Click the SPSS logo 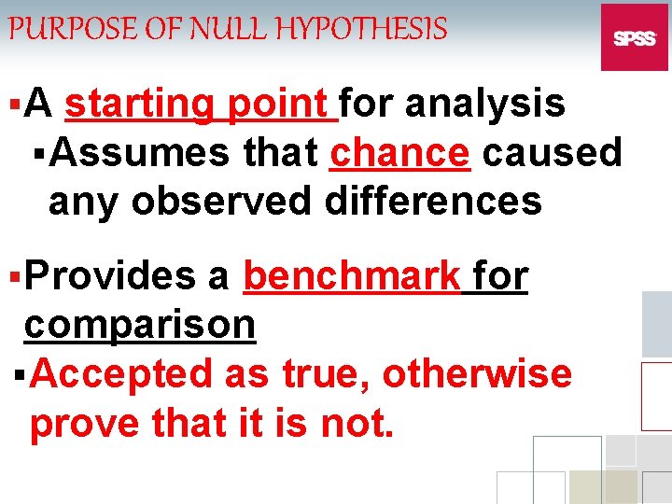tap(635, 38)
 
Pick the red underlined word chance tap(400, 151)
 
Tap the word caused tap(551, 151)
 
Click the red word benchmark tap(352, 276)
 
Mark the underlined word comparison tap(140, 325)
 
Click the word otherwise tap(477, 374)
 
